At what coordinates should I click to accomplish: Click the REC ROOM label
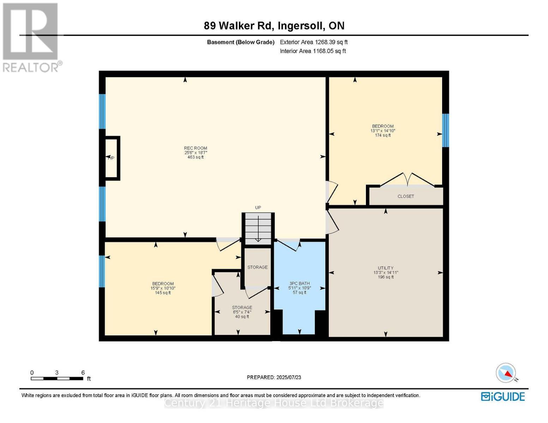[195, 148]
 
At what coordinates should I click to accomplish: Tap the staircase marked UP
[258, 228]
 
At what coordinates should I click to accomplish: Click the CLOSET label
[405, 196]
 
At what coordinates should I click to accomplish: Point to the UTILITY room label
[386, 268]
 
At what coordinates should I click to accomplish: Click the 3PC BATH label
[299, 283]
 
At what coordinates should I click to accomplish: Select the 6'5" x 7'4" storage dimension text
[242, 312]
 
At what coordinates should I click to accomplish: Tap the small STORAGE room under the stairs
[257, 267]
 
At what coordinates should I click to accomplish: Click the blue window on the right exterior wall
[445, 130]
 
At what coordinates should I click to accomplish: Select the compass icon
[506, 373]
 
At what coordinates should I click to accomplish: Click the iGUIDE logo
[503, 397]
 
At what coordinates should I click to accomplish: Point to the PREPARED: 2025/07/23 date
[274, 377]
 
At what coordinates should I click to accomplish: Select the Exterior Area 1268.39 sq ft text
[314, 42]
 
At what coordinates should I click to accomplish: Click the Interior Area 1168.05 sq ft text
[313, 51]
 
